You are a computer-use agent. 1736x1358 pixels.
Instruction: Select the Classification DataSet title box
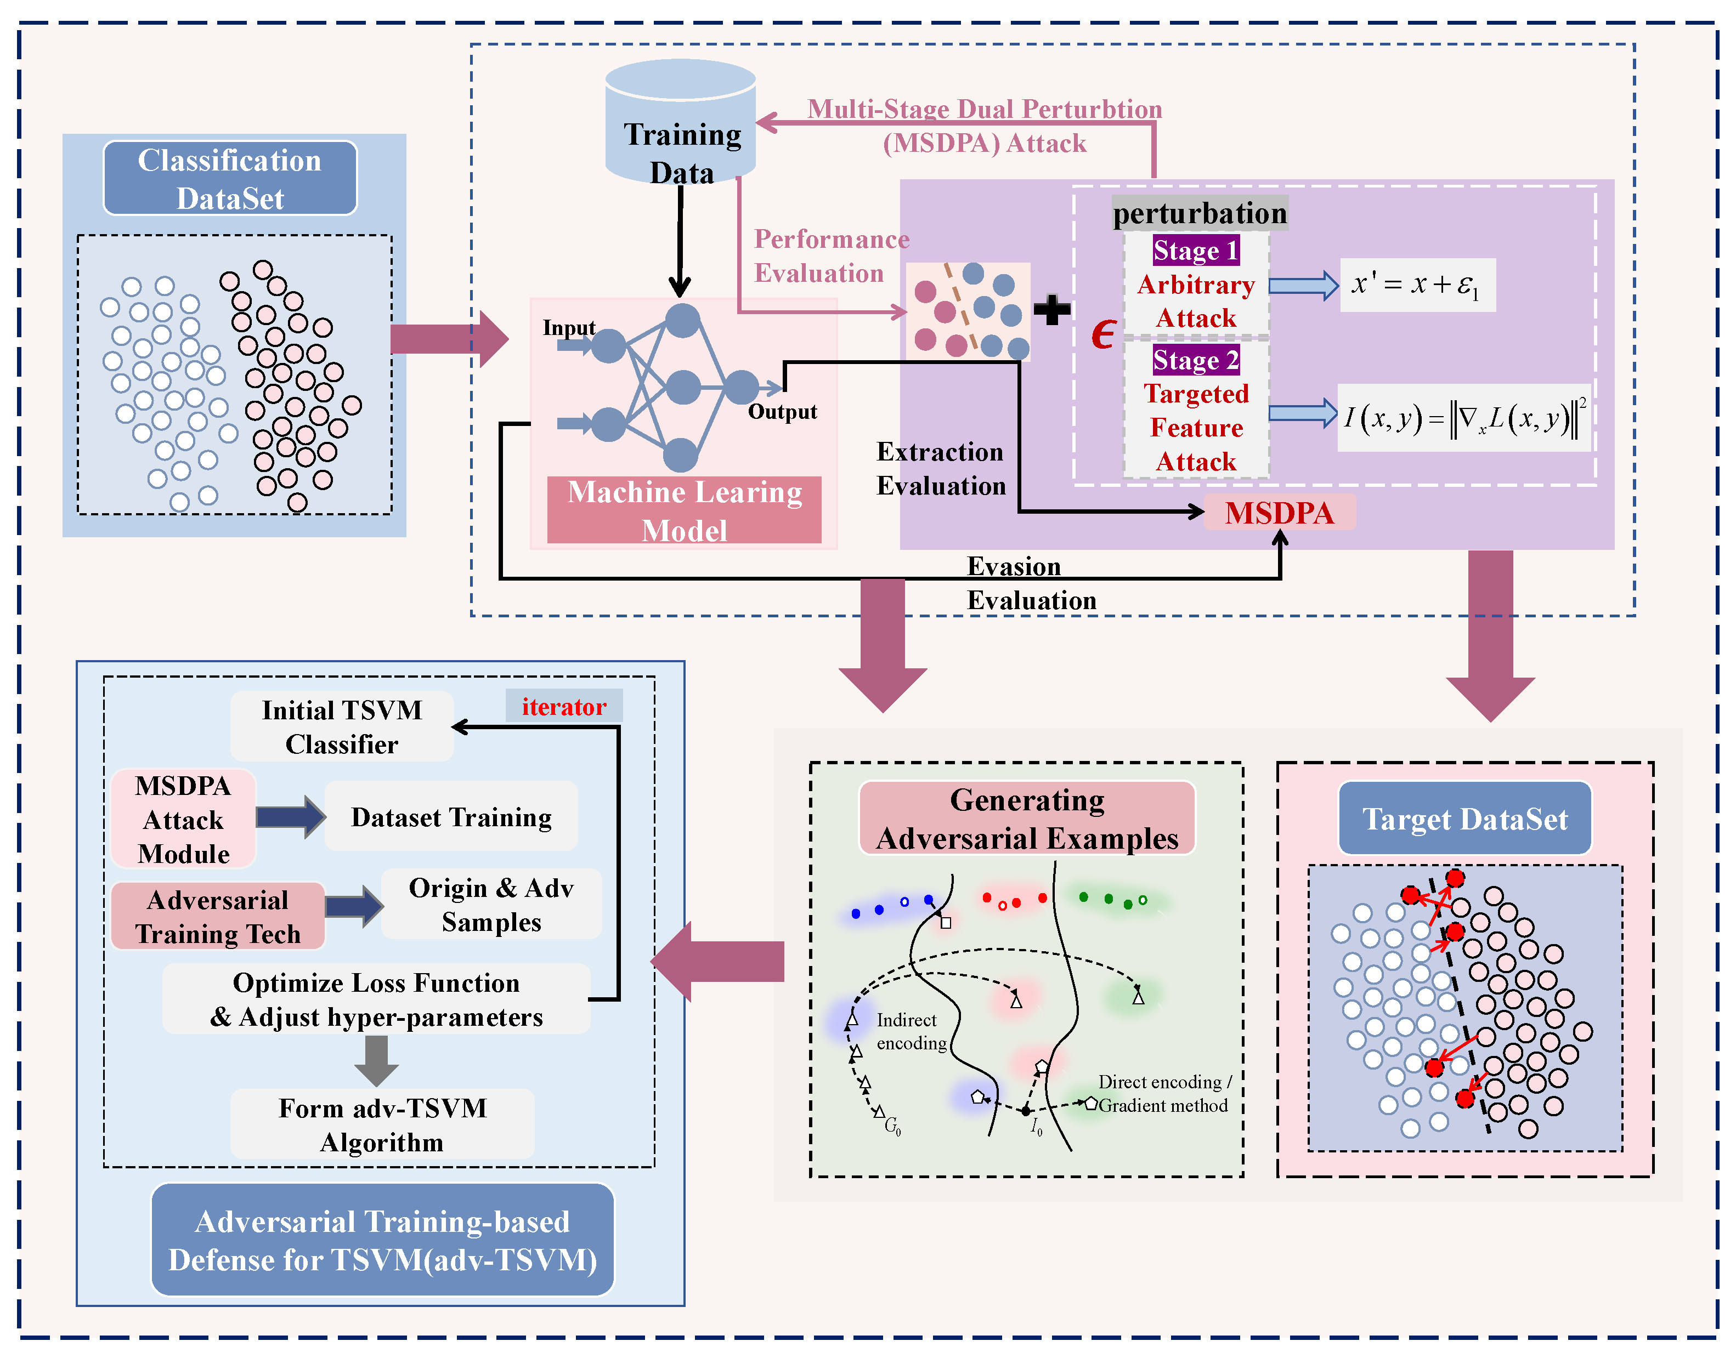point(230,178)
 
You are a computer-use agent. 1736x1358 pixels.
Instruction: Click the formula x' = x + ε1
point(1416,285)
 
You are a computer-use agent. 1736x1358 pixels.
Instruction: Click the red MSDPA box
point(1279,513)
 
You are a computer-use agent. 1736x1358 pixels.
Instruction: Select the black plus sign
point(1051,310)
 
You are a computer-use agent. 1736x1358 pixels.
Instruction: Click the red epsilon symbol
point(1103,335)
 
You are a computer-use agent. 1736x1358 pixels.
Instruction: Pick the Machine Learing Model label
point(684,510)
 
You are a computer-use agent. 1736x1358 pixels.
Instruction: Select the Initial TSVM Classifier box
point(342,726)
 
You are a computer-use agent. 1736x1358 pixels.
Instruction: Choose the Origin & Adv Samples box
point(491,904)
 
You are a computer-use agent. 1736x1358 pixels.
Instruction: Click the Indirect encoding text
point(911,1031)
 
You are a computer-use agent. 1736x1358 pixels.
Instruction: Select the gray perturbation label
point(1199,213)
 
